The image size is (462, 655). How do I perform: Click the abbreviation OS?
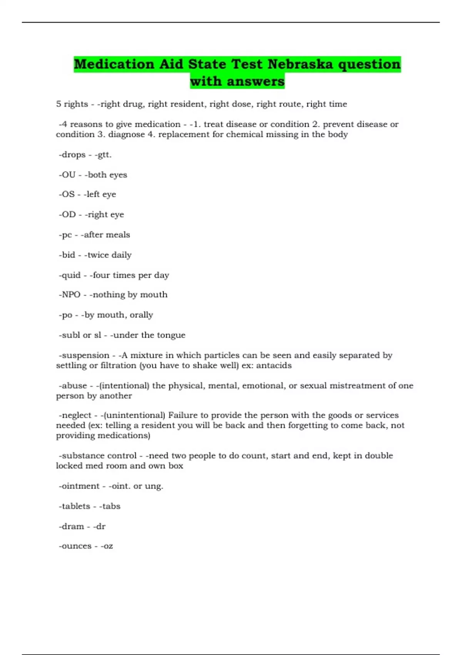tap(68, 194)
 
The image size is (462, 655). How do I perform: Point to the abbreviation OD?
tap(69, 214)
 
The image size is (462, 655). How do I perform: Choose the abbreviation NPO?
tap(71, 294)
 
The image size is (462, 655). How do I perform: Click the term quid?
tap(71, 275)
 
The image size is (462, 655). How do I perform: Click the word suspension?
tap(85, 355)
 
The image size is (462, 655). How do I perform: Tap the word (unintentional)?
tap(135, 415)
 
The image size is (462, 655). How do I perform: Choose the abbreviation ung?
tap(154, 486)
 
